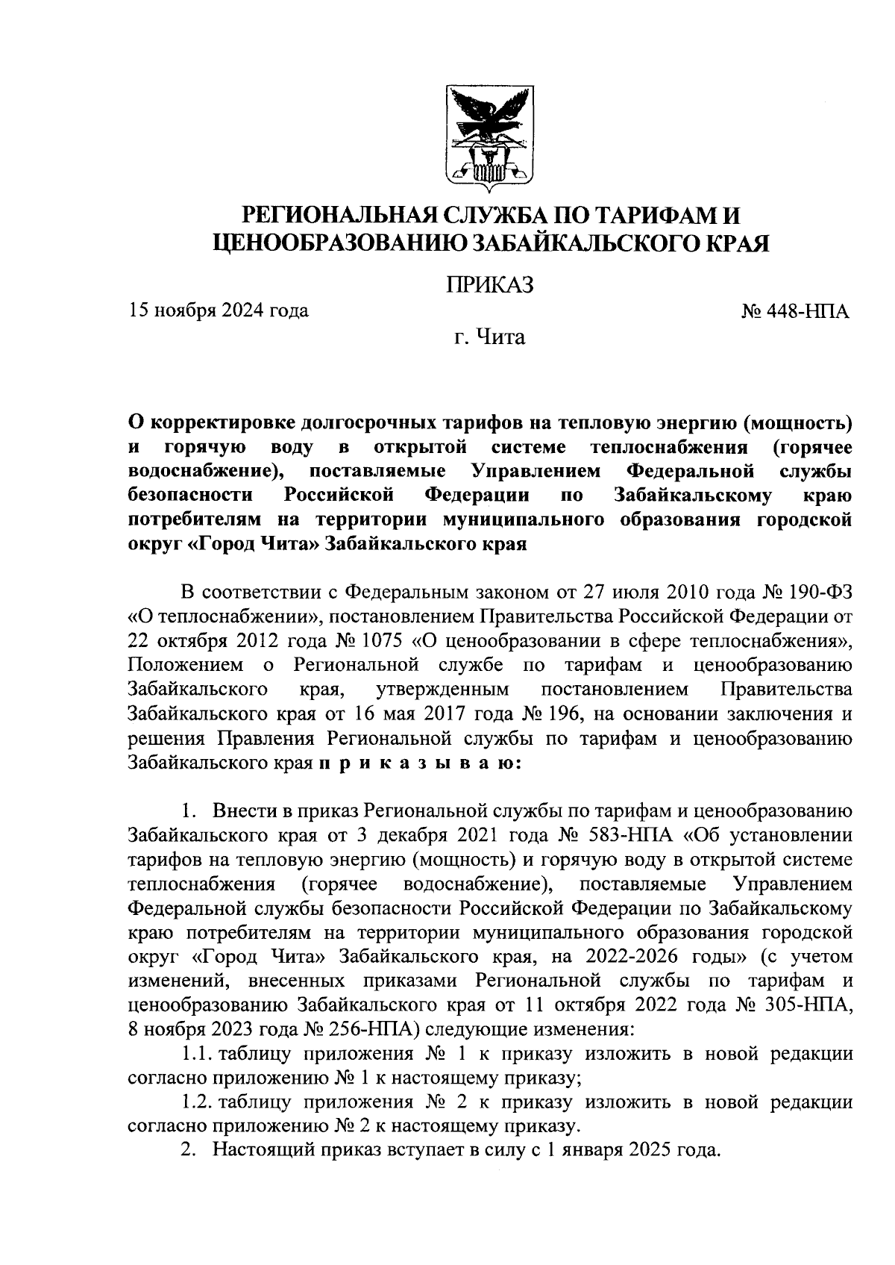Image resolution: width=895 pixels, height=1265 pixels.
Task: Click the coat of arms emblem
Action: pos(490,135)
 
